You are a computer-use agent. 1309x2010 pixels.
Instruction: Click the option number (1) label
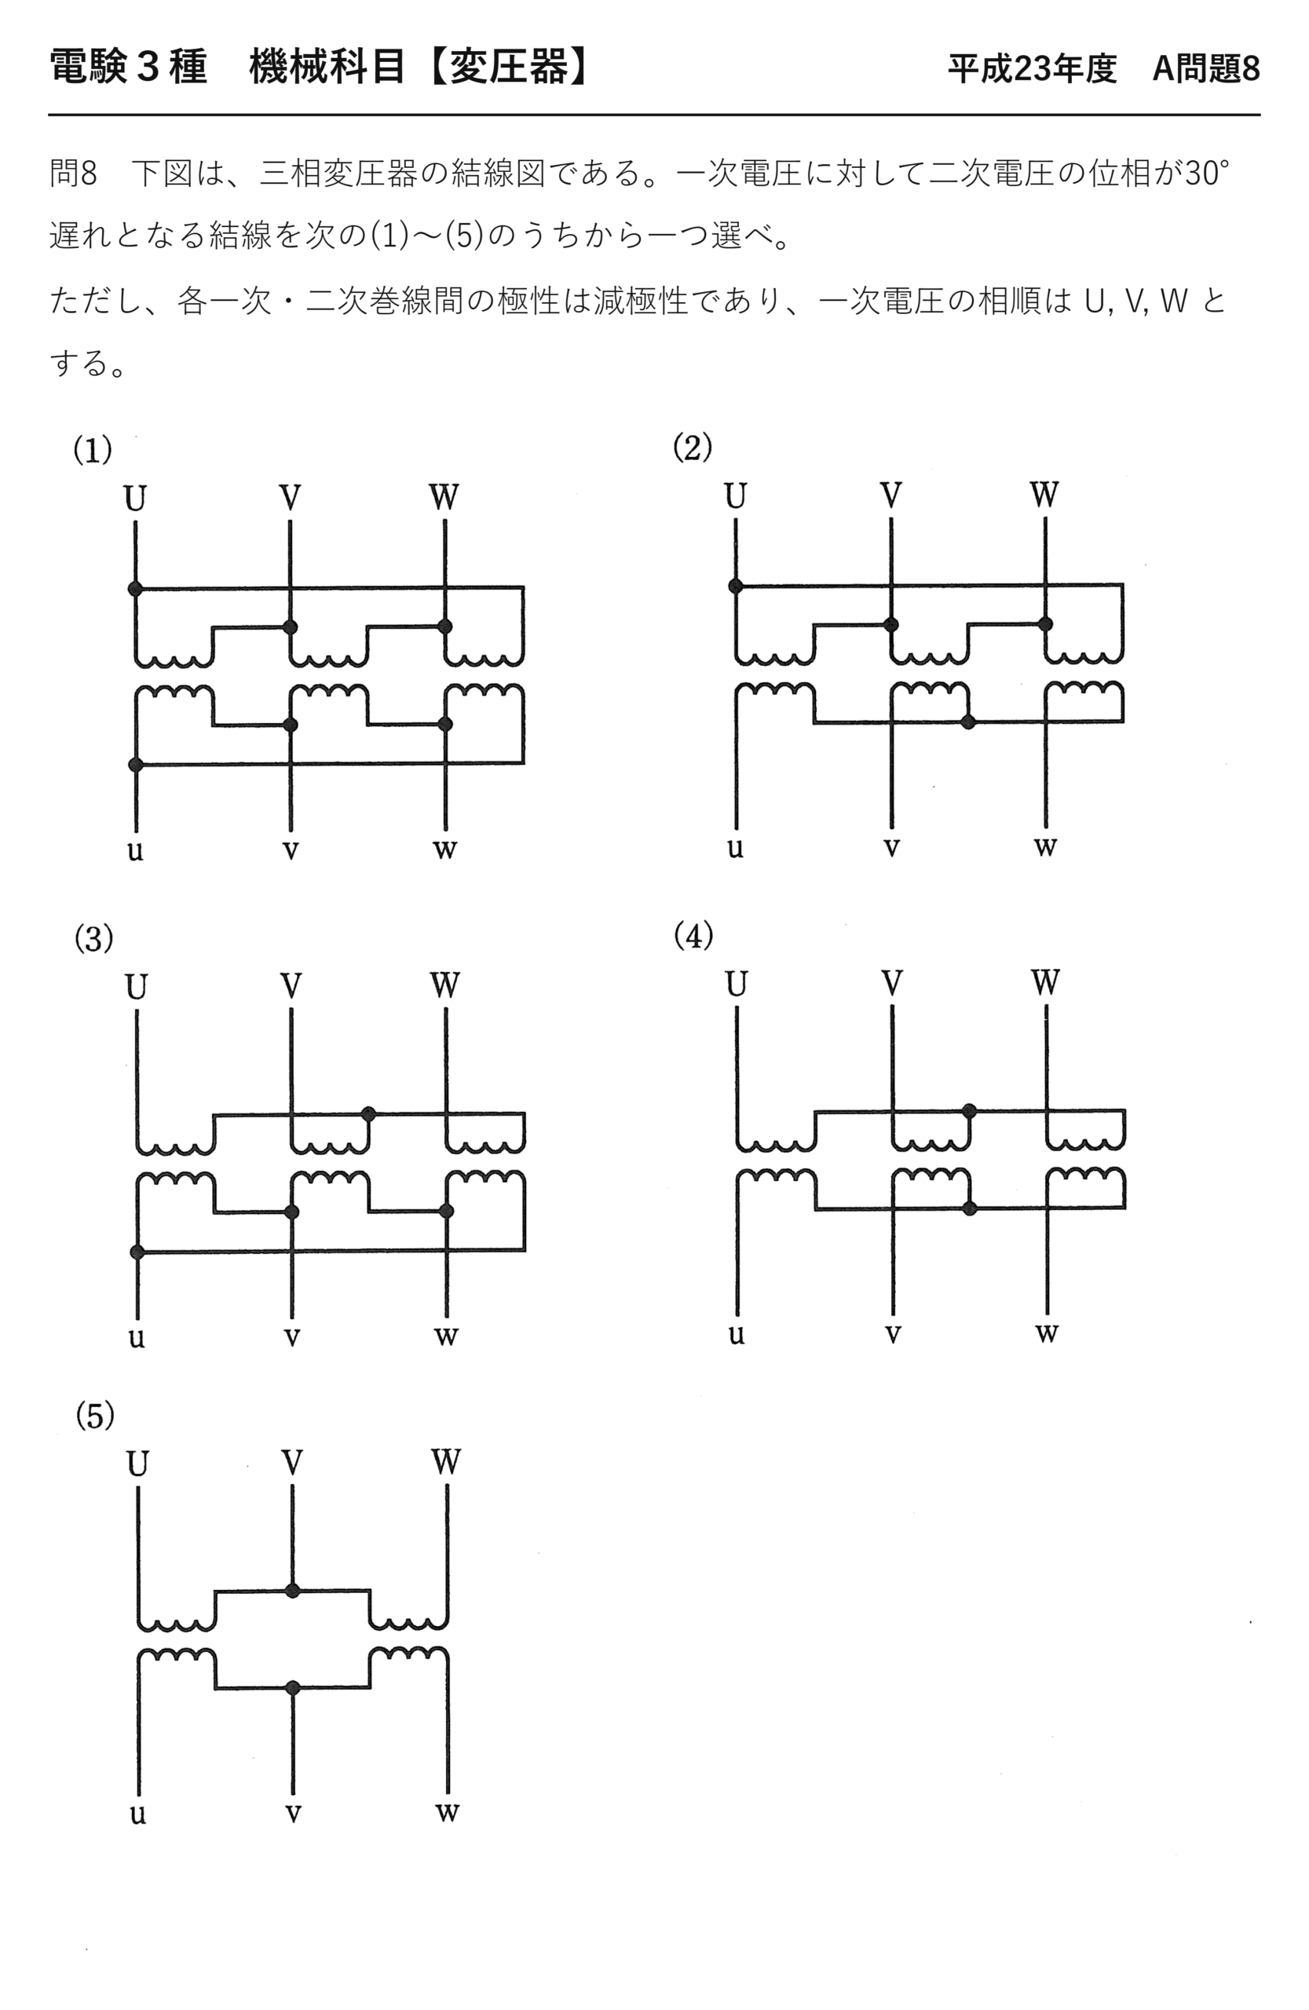93,449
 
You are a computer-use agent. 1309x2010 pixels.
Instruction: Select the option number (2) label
693,447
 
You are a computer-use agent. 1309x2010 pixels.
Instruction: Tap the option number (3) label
93,938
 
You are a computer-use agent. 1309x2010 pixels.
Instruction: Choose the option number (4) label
693,935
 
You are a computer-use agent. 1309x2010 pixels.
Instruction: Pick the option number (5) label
94,1416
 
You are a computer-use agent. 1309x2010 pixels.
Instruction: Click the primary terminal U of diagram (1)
135,499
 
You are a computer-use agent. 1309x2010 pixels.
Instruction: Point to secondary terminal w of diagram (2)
1045,846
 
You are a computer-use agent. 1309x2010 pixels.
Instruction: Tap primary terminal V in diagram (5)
292,1463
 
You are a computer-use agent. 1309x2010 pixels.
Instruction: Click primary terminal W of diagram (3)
445,985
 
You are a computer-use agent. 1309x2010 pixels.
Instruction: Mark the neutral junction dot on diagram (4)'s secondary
970,1208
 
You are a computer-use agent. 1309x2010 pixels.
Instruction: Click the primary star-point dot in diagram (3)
368,1114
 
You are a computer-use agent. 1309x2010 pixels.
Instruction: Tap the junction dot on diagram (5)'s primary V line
292,1591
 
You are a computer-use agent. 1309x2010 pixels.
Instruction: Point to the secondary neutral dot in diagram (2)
969,722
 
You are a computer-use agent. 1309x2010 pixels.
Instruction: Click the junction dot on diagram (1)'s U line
135,589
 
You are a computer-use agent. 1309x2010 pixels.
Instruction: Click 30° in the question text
1207,174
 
